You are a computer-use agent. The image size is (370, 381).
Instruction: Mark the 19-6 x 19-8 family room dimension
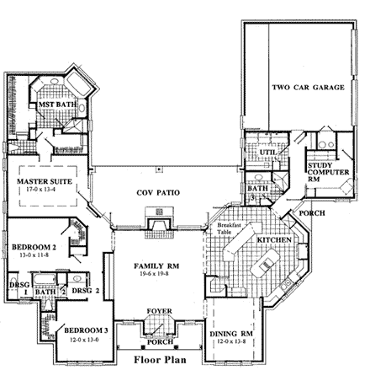[x=155, y=274]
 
